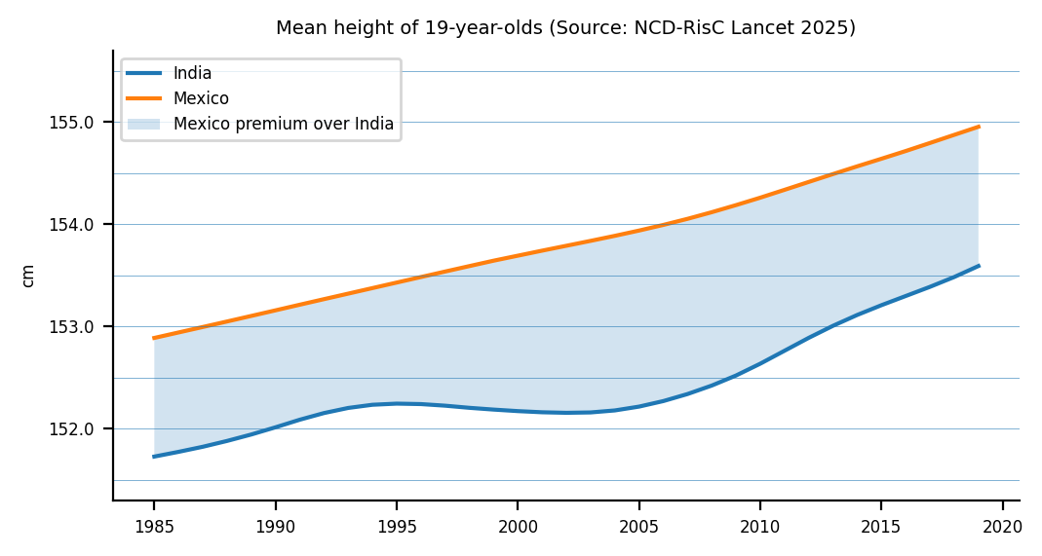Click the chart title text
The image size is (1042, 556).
click(x=565, y=28)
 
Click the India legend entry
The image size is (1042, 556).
click(x=192, y=73)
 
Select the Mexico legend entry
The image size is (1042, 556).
click(x=201, y=98)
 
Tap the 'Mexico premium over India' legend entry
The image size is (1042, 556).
click(x=284, y=124)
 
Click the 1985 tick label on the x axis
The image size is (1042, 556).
click(x=154, y=527)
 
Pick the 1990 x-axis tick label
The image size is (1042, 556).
click(x=275, y=527)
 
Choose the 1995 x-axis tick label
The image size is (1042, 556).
click(x=397, y=527)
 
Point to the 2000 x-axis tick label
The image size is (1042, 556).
click(x=518, y=527)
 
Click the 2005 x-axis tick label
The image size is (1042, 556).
click(x=638, y=527)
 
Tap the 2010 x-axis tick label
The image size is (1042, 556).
click(x=759, y=527)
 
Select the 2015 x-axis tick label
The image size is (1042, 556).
click(x=881, y=527)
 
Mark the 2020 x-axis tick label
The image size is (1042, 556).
click(x=1002, y=527)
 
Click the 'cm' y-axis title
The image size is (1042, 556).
click(x=28, y=276)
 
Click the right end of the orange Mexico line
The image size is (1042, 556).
click(x=978, y=127)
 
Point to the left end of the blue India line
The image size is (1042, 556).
click(x=154, y=456)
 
